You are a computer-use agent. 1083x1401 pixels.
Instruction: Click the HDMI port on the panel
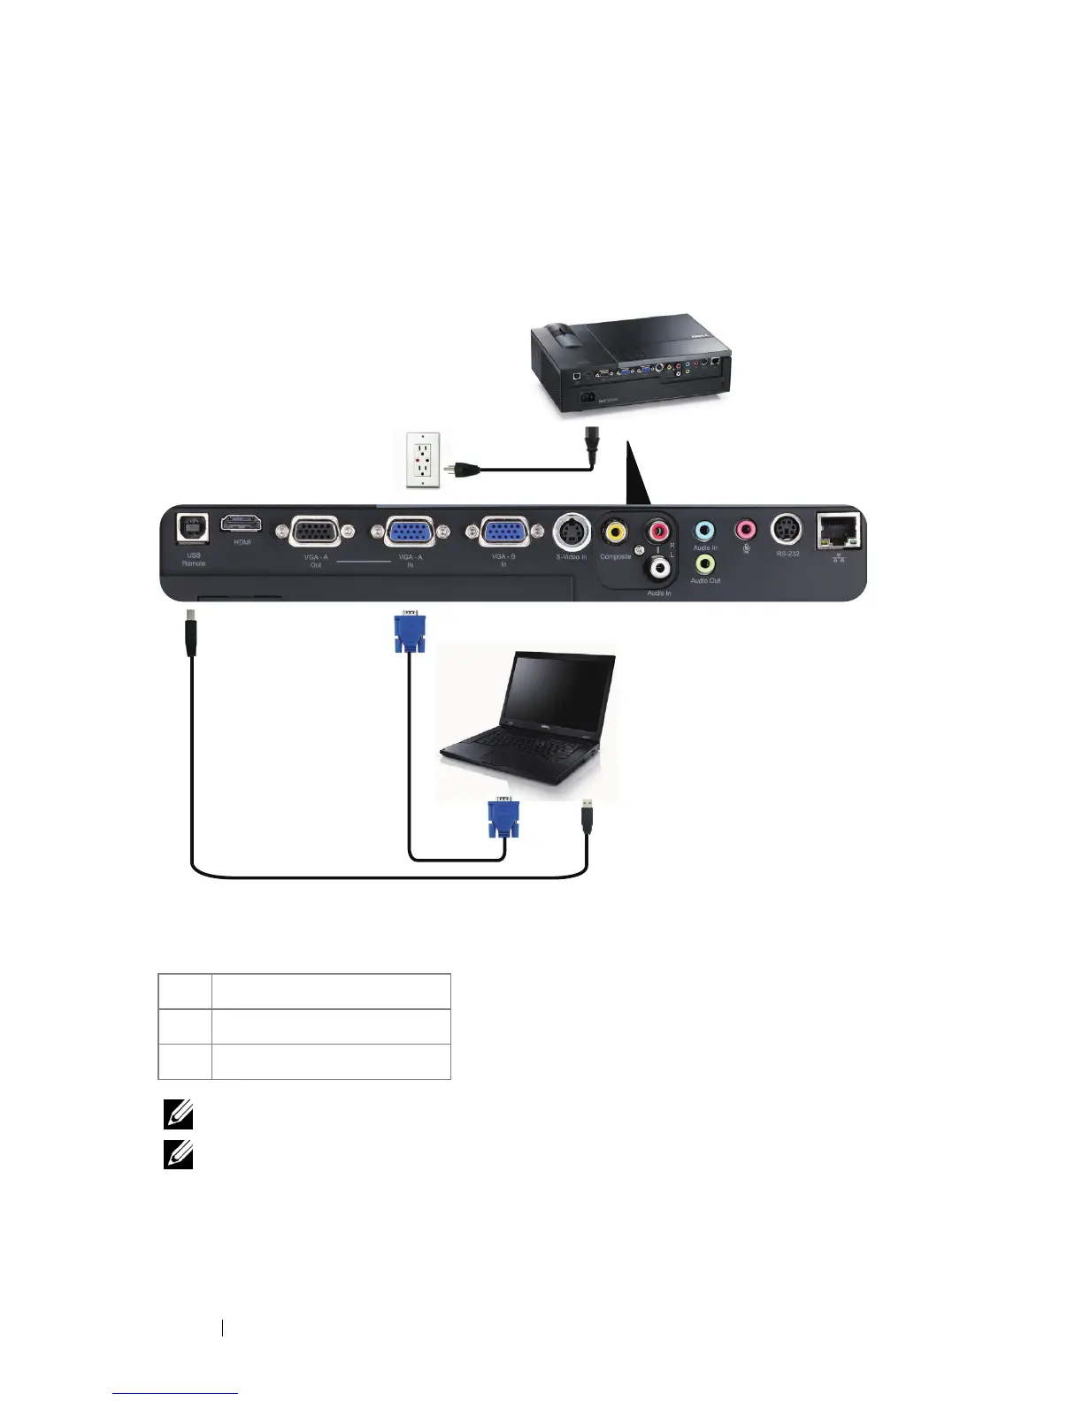(241, 523)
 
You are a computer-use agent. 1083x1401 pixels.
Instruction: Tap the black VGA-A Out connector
(315, 532)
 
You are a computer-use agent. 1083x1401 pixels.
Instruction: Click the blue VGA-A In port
(411, 532)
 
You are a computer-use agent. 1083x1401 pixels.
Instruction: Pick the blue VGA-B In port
(503, 532)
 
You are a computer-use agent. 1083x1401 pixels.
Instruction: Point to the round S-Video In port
(572, 532)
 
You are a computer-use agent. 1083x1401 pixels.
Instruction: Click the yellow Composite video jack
(615, 532)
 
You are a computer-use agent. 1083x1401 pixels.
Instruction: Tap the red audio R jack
(658, 532)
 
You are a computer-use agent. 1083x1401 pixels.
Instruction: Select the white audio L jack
(659, 566)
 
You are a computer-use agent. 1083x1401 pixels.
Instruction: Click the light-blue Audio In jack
(704, 531)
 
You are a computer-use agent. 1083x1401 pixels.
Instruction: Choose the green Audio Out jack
(705, 563)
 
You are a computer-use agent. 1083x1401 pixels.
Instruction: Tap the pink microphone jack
(746, 530)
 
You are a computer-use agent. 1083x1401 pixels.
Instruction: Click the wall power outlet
(423, 460)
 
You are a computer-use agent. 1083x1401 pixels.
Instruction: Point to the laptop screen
(557, 691)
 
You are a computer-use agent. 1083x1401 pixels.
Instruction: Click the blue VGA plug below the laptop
(503, 818)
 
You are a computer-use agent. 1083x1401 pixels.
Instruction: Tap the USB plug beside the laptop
(587, 816)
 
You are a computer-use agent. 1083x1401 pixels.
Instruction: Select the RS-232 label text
(787, 554)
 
